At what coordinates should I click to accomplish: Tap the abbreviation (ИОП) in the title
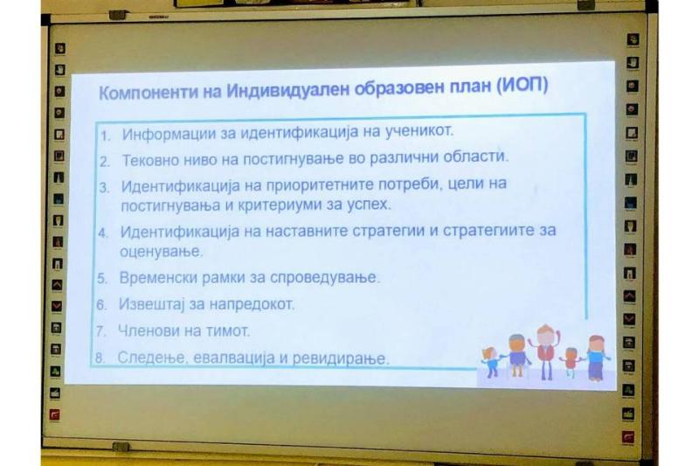tap(523, 84)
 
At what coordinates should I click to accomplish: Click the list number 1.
tap(105, 136)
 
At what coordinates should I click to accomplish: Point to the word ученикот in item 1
tap(419, 130)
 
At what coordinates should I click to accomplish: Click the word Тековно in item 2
tap(150, 160)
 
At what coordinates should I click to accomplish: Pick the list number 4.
tap(103, 233)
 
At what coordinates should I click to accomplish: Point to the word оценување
tap(161, 252)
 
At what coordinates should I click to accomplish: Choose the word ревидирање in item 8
tap(341, 358)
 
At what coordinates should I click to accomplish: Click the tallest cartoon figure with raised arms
tap(545, 351)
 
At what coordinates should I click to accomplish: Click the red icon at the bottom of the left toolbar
tap(54, 414)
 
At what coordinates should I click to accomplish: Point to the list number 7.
tap(100, 331)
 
